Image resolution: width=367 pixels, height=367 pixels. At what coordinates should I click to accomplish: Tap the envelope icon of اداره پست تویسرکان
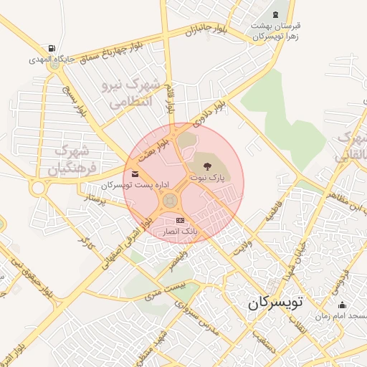[x=135, y=174]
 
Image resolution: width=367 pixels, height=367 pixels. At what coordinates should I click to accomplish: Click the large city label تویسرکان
[x=276, y=302]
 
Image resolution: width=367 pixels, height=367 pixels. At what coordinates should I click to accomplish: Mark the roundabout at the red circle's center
[x=170, y=200]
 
